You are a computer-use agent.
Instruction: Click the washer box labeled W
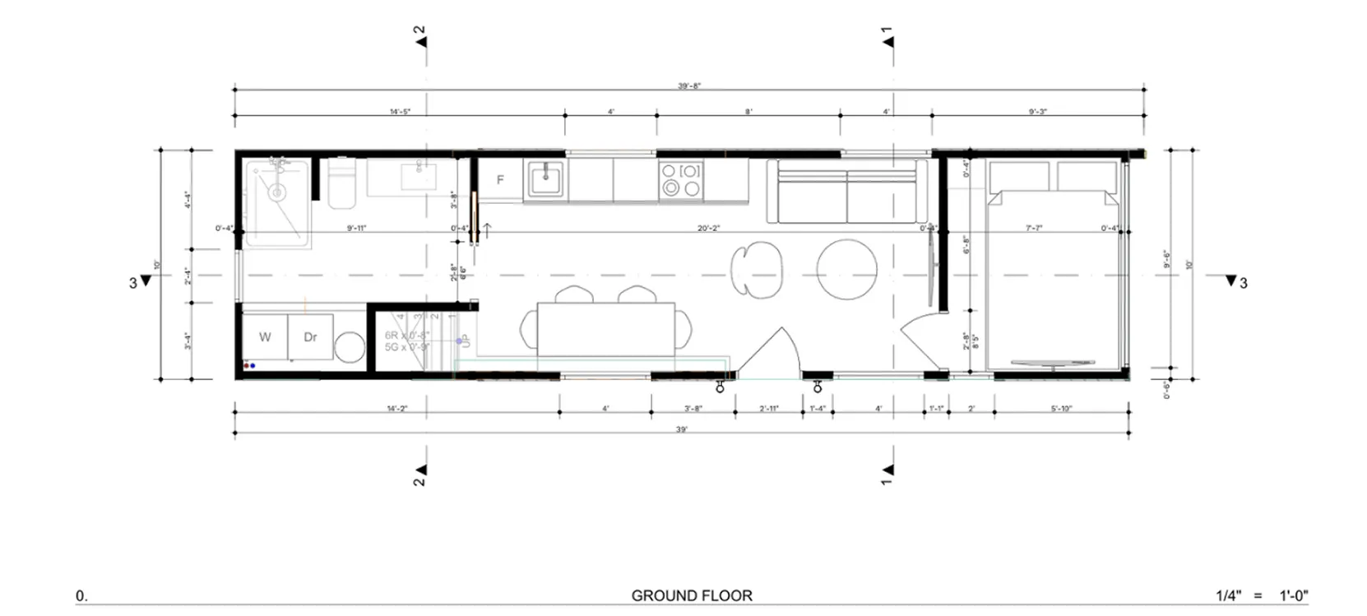(x=265, y=336)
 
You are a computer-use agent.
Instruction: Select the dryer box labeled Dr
(x=310, y=336)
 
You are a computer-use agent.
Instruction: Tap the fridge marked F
(x=499, y=180)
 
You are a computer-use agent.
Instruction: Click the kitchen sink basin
(x=545, y=178)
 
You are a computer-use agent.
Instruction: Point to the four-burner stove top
(x=681, y=180)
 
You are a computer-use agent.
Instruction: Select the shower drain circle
(x=276, y=193)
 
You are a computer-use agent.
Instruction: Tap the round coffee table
(x=846, y=270)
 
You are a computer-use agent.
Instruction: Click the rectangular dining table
(x=605, y=330)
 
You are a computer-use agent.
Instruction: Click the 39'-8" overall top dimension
(x=689, y=86)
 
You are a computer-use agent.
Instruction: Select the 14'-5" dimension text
(x=400, y=111)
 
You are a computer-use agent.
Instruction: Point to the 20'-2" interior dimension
(x=708, y=228)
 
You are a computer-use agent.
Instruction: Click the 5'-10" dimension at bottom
(x=1061, y=408)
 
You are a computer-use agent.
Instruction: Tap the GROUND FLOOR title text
(x=691, y=595)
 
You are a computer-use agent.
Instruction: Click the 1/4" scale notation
(x=1230, y=595)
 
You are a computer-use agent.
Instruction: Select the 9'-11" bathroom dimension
(x=356, y=228)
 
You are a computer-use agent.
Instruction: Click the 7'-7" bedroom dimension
(x=1034, y=228)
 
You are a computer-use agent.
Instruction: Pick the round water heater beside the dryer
(x=350, y=347)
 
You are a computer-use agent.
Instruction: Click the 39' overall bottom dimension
(x=682, y=429)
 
